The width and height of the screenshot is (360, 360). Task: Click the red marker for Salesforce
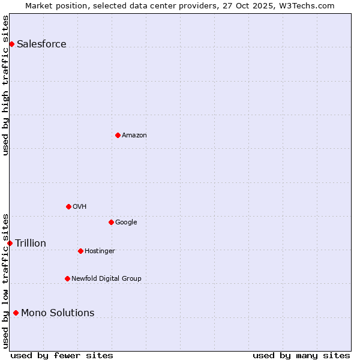(x=11, y=44)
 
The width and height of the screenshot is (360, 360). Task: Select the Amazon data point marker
(x=118, y=135)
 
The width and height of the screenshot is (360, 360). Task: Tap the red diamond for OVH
(x=68, y=206)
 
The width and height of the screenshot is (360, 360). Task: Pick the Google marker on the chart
(x=111, y=222)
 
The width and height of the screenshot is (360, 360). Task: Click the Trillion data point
(x=10, y=243)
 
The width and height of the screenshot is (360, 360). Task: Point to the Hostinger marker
(x=80, y=251)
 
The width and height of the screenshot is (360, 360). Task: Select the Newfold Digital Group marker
(x=67, y=278)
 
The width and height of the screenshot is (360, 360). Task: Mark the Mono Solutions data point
(x=16, y=313)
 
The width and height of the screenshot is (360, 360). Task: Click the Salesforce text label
(x=41, y=44)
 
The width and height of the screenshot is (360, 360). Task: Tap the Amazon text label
(x=134, y=135)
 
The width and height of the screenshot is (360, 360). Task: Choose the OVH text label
(x=80, y=206)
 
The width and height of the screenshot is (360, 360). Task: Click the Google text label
(x=126, y=222)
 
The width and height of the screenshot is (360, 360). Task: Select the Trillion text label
(x=31, y=243)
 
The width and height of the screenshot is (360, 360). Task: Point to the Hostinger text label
(x=100, y=251)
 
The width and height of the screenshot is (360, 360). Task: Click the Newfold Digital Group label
(x=106, y=278)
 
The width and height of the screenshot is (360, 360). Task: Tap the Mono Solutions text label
(x=58, y=313)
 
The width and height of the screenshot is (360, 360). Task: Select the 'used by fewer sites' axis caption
(x=62, y=355)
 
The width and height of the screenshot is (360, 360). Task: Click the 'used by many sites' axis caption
(x=301, y=355)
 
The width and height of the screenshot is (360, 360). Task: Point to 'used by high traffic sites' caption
(x=5, y=85)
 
